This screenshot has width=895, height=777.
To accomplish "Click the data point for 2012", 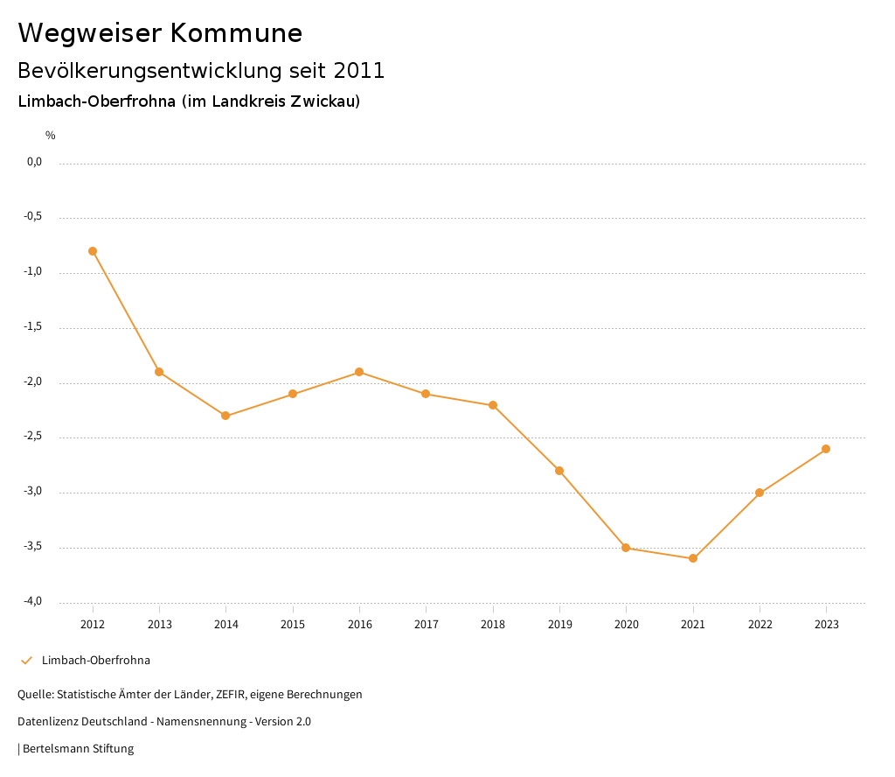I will pyautogui.click(x=93, y=251).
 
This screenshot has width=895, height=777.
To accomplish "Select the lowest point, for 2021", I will pyautogui.click(x=693, y=558).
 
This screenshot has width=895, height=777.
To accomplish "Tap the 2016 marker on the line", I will pyautogui.click(x=359, y=372).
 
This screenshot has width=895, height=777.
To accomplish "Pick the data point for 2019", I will pyautogui.click(x=559, y=471).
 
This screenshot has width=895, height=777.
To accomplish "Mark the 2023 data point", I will pyautogui.click(x=826, y=449).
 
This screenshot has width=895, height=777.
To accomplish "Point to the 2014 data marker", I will pyautogui.click(x=225, y=416).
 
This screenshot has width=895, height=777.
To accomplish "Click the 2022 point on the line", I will pyautogui.click(x=760, y=493).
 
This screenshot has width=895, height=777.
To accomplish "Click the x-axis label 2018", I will pyautogui.click(x=493, y=625).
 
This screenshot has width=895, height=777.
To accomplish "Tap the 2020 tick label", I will pyautogui.click(x=627, y=625).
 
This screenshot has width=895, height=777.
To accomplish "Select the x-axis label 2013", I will pyautogui.click(x=159, y=625).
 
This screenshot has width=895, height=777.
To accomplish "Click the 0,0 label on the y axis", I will pyautogui.click(x=34, y=162).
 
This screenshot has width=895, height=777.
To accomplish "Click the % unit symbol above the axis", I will pyautogui.click(x=51, y=136).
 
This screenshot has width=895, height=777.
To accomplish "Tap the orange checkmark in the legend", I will pyautogui.click(x=26, y=661).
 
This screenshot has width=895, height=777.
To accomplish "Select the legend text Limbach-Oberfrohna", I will pyautogui.click(x=96, y=661).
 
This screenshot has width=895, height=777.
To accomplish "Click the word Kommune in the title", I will pyautogui.click(x=236, y=33).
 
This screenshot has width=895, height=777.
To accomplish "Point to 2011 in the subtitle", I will pyautogui.click(x=359, y=71).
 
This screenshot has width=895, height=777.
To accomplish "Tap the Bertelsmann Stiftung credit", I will pyautogui.click(x=78, y=749).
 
